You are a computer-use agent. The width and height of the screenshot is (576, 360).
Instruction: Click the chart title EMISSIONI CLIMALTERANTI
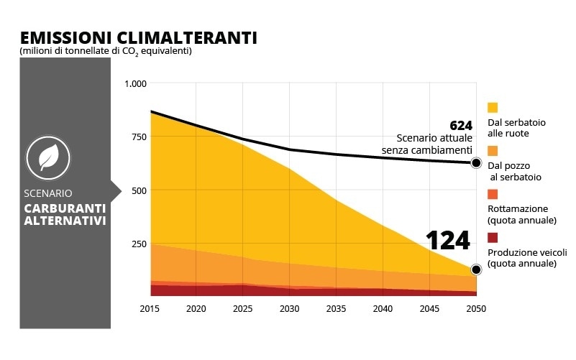[x=138, y=37]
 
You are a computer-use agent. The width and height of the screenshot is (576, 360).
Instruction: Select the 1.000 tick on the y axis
[x=135, y=84]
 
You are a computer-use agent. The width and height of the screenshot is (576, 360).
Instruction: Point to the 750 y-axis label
[x=138, y=137]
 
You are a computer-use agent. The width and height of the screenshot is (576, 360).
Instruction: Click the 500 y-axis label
[x=138, y=190]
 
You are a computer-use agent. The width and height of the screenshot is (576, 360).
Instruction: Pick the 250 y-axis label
[x=138, y=244]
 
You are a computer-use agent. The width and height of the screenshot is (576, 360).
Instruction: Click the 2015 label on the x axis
[x=150, y=308]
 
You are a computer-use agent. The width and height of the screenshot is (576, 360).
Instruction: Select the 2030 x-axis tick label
[x=289, y=308]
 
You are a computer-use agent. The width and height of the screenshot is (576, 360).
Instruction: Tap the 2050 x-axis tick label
[x=475, y=308]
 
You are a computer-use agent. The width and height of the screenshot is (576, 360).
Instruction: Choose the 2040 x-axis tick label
[x=383, y=308]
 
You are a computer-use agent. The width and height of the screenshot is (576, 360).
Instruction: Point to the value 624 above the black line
[x=460, y=125]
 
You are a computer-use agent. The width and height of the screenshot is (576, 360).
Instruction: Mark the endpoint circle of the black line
[x=476, y=163]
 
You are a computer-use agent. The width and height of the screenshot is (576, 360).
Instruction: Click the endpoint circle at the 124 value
[x=476, y=269]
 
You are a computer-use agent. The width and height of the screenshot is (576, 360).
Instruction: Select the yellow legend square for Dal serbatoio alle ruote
[x=493, y=107]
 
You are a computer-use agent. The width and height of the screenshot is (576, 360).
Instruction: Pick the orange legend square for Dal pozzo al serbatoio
[x=493, y=151]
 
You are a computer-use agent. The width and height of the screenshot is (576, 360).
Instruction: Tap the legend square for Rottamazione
[x=493, y=194]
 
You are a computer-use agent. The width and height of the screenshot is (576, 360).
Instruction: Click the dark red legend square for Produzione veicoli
[x=493, y=237]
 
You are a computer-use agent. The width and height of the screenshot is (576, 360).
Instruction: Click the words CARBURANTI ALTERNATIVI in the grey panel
[x=65, y=214]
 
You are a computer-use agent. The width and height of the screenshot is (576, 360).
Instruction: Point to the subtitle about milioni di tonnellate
[x=106, y=51]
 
